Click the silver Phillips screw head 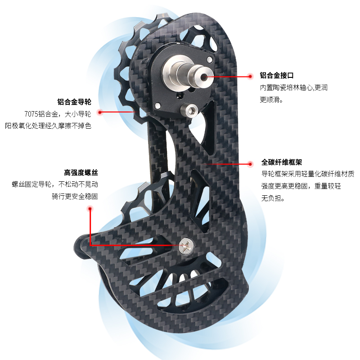[185, 245]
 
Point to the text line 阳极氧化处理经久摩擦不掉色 [48, 126]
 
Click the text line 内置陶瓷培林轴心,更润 [294, 88]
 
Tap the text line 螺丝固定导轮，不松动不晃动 [55, 184]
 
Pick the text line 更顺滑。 [271, 99]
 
